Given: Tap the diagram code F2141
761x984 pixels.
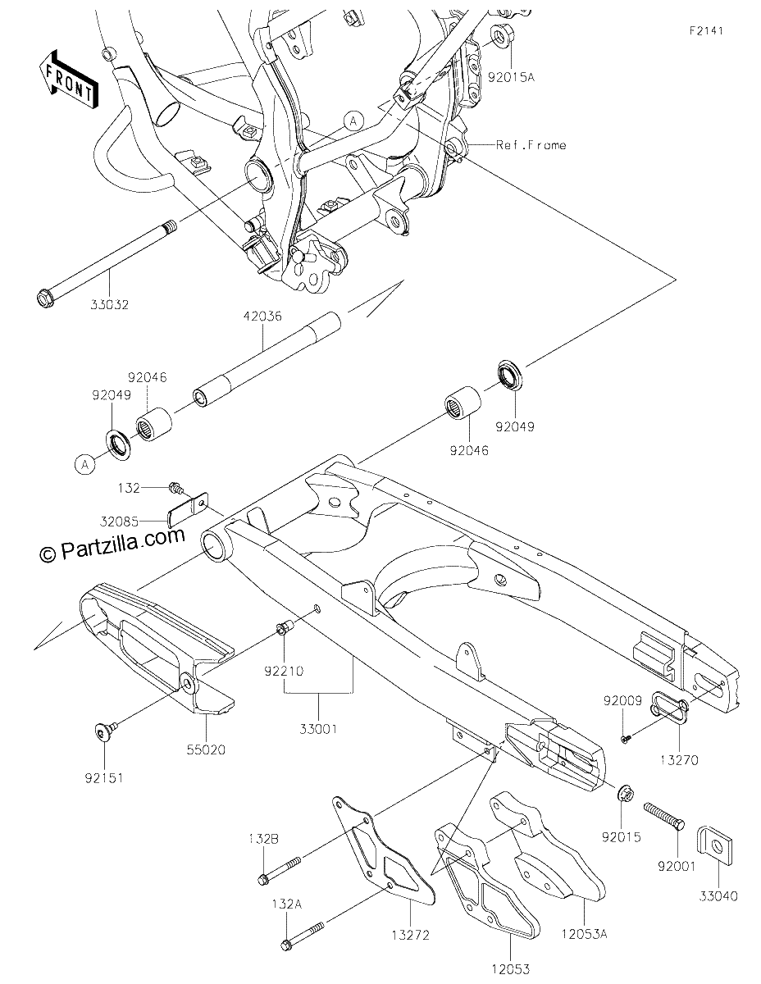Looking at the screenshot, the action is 706,31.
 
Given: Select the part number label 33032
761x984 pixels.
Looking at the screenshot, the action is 109,305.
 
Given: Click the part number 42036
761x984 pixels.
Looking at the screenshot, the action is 262,316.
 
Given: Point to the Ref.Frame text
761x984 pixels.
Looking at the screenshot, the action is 531,145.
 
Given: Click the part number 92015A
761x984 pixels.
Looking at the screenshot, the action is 511,77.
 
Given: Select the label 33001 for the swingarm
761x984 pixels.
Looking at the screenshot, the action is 318,729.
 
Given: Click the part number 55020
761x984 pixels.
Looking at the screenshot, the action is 206,749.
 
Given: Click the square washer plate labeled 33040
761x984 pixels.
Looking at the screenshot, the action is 715,846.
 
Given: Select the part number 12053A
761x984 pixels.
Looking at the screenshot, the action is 585,934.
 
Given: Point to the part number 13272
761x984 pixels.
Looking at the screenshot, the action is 411,934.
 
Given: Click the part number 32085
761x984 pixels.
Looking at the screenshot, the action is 119,522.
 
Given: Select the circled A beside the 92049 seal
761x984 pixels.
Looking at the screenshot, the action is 85,464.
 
